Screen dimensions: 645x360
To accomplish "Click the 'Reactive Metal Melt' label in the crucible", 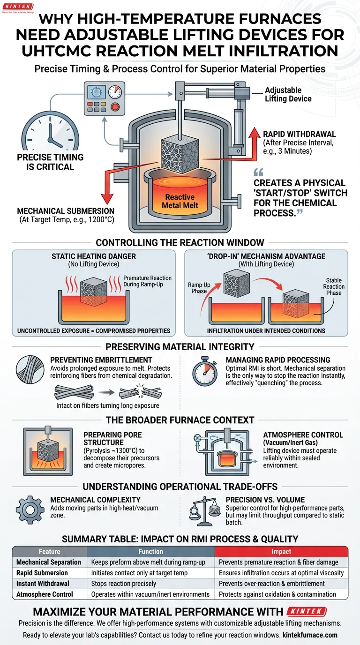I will tap(180, 202).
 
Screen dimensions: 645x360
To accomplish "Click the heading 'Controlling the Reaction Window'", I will tap(180, 242).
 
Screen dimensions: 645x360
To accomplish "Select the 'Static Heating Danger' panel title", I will tap(93, 256).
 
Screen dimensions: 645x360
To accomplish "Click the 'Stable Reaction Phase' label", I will tap(334, 286).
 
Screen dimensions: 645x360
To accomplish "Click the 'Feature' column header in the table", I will tap(50, 552).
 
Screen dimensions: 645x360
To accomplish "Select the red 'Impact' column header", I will tap(281, 552).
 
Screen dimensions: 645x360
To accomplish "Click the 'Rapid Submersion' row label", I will tap(42, 573).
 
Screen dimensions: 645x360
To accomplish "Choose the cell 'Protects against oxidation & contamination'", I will tap(277, 594).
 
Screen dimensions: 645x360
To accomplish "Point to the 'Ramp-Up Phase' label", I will tap(199, 288).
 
